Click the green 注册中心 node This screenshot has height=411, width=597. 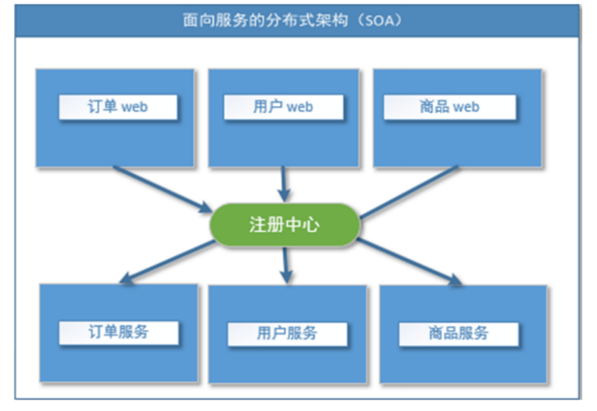click(x=285, y=225)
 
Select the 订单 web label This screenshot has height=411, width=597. click(x=118, y=107)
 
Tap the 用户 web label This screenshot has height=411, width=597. click(x=283, y=107)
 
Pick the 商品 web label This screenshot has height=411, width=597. click(x=449, y=107)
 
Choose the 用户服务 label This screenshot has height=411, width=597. click(x=287, y=333)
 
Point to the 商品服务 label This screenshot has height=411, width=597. click(x=458, y=333)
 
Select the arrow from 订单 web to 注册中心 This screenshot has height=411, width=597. click(x=162, y=188)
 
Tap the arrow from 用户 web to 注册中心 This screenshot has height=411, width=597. click(x=284, y=183)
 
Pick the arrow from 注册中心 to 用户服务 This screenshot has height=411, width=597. click(x=286, y=264)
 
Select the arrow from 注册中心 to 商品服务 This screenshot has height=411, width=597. click(x=409, y=262)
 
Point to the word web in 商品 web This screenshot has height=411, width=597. click(x=466, y=107)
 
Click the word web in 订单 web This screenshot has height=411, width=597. click(x=135, y=107)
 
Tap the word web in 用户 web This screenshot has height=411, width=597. click(x=300, y=107)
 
